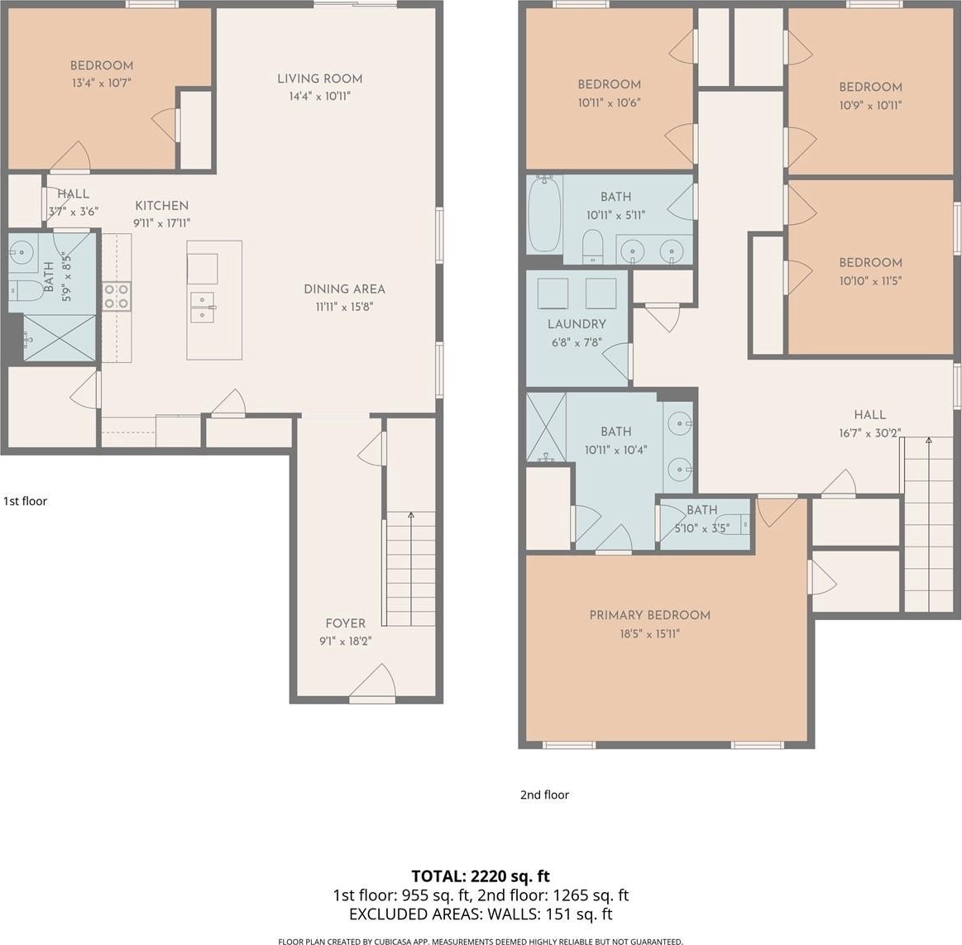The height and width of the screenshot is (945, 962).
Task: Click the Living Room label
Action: [319, 79]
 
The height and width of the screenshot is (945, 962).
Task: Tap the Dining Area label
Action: [344, 289]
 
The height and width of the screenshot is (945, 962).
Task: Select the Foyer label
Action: [346, 623]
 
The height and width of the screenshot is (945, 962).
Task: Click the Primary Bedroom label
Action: [649, 615]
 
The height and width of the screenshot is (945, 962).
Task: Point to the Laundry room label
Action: [577, 324]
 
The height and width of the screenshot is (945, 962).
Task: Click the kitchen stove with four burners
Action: [117, 296]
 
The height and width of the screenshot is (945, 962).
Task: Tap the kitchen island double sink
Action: [202, 307]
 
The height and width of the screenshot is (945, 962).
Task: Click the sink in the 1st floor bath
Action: [22, 251]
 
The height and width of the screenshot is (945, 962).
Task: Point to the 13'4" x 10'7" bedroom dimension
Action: [102, 83]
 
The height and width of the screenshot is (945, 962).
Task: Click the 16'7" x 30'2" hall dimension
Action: [870, 433]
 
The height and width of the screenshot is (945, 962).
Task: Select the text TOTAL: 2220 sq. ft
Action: [481, 876]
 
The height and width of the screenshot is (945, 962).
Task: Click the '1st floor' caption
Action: [25, 501]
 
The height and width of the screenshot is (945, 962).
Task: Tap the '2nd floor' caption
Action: [545, 795]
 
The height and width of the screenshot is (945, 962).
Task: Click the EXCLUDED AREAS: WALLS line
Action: [481, 914]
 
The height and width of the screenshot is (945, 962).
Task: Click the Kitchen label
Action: [162, 205]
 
